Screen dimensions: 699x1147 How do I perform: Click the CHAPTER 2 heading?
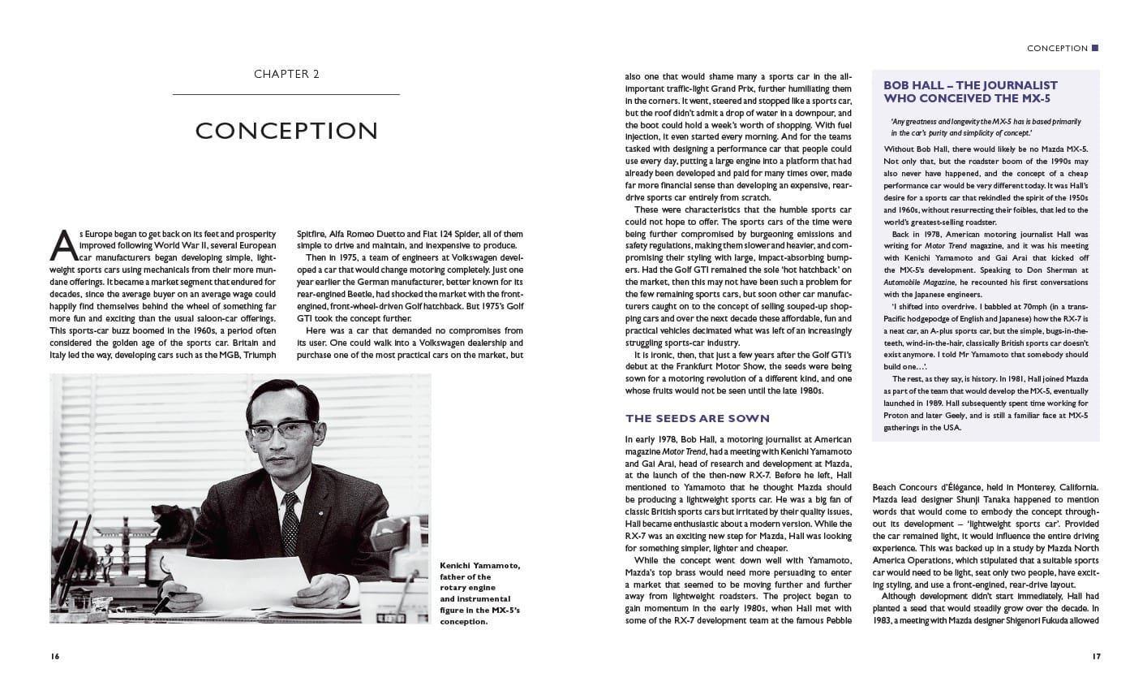tap(286, 74)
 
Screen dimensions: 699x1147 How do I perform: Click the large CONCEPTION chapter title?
tap(286, 131)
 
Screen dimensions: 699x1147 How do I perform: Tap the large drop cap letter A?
tap(63, 244)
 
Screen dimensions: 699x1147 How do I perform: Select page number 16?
tap(54, 656)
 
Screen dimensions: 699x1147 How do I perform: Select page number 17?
tap(1094, 656)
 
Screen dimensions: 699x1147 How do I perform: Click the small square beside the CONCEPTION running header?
tap(1095, 48)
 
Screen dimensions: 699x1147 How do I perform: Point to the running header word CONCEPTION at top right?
tap(1057, 49)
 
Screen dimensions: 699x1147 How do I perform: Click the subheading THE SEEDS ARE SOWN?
tap(697, 418)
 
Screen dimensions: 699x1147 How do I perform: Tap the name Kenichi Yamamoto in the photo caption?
tap(479, 565)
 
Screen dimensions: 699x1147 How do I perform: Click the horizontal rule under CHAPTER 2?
tap(286, 95)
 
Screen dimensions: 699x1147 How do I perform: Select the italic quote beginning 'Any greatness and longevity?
tap(985, 127)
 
